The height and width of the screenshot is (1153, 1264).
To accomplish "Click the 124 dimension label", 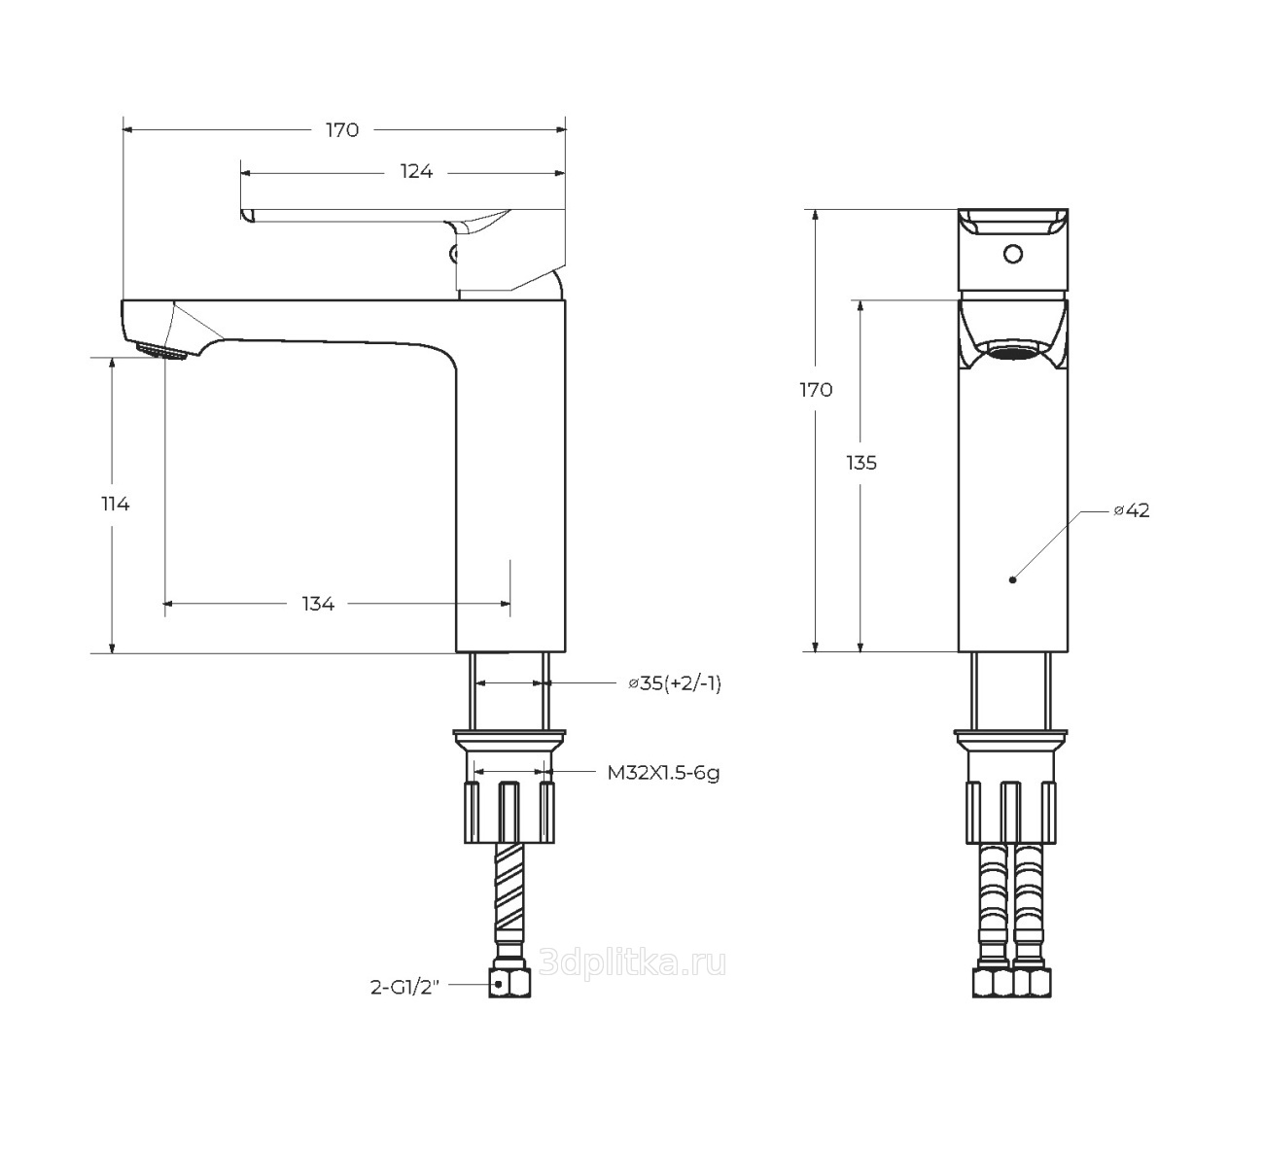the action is click(416, 171).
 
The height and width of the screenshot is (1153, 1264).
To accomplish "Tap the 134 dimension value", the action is click(318, 604).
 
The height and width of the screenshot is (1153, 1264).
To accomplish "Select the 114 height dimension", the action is click(116, 504).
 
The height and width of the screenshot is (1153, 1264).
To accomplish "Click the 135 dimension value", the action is click(861, 463).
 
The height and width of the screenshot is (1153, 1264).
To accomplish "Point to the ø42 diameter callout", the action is click(1132, 509).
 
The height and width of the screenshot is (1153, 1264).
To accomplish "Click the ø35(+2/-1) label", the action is click(675, 683).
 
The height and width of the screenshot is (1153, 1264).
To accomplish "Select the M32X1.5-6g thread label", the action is click(663, 773).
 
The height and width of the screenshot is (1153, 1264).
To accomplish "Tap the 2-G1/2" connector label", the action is click(404, 988).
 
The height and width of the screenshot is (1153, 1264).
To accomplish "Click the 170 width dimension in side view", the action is click(342, 130).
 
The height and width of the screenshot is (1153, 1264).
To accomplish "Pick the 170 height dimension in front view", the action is click(816, 391).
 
